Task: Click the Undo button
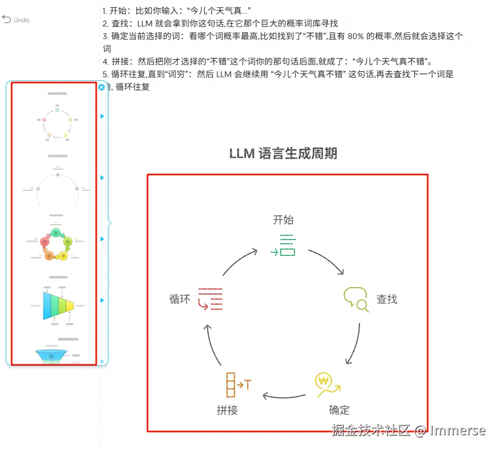point(15,20)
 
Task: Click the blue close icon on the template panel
point(102,87)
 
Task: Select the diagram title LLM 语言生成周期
point(283,154)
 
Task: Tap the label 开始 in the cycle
point(283,220)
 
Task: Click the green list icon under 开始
point(283,245)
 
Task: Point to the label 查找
point(386,299)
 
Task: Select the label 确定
point(339,410)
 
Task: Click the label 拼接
point(227,410)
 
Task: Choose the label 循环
point(179,299)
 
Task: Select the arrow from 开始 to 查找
point(327,261)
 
